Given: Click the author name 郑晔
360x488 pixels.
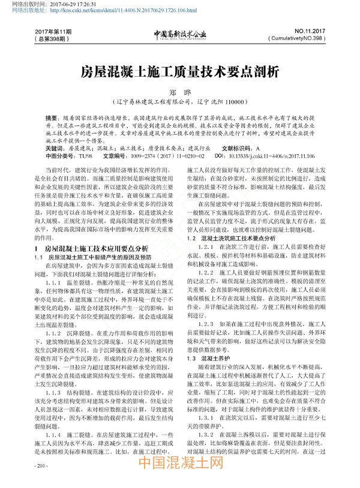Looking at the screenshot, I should tap(180, 93).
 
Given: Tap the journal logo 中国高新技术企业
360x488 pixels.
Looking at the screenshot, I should tap(179, 34).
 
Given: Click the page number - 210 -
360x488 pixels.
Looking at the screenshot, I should tap(43, 465).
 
